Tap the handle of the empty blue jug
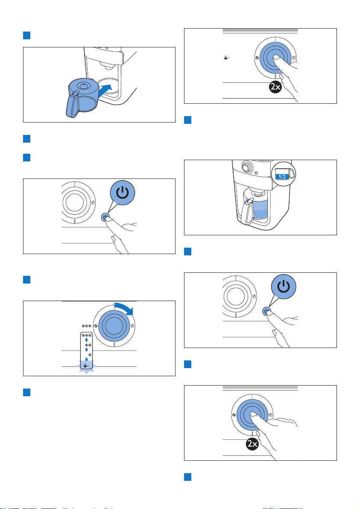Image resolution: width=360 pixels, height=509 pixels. tap(73, 105)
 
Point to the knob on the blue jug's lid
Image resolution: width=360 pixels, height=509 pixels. tap(84, 85)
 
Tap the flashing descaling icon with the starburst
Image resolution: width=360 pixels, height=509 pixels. tap(86, 366)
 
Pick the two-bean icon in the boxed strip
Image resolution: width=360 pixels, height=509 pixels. tap(87, 345)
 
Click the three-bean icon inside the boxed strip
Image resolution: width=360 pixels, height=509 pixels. tap(86, 335)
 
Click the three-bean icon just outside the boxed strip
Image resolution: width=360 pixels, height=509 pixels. tap(86, 325)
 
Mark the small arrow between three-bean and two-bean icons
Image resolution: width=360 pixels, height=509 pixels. tap(86, 340)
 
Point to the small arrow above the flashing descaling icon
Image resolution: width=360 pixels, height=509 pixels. tap(86, 360)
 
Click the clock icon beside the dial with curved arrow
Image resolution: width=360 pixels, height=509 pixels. tap(132, 325)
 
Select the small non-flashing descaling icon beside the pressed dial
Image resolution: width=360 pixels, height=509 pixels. tap(226, 58)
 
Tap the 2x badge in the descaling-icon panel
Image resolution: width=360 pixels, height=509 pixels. tap(275, 87)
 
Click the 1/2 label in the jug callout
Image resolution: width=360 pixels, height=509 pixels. tap(282, 177)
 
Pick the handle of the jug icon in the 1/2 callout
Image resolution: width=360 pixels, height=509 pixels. tap(292, 173)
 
